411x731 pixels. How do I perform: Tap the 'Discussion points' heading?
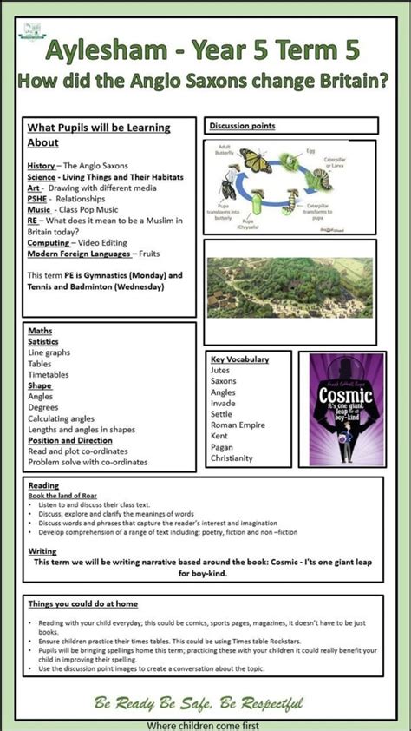point(242,126)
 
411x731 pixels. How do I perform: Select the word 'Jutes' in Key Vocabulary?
point(220,370)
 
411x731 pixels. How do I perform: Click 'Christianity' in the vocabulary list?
point(232,458)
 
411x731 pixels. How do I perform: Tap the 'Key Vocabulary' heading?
point(239,359)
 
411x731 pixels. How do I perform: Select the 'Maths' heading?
point(40,331)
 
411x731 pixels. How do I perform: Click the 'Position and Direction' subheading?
point(69,440)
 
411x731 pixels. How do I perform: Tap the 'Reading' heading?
point(43,485)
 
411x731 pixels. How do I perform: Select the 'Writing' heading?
point(42,551)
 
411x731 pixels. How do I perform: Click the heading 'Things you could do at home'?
point(83,603)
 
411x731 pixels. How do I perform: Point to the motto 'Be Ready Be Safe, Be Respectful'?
point(199,703)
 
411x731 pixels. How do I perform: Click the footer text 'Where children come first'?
point(205,724)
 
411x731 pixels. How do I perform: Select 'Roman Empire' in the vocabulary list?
point(235,425)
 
